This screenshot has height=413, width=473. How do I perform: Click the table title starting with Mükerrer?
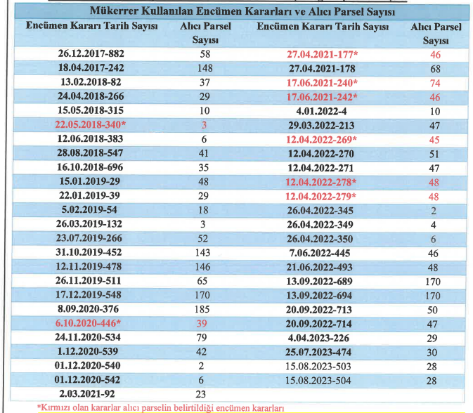[242, 11]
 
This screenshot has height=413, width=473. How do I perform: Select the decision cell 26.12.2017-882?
[91, 53]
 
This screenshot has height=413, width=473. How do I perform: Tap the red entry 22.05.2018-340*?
[91, 124]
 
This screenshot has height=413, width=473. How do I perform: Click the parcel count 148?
[205, 68]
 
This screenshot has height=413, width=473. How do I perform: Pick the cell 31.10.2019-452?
[89, 252]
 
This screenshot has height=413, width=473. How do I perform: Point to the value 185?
[202, 309]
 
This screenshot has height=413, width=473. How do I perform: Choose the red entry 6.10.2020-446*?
[88, 323]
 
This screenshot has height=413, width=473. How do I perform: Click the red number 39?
[202, 324]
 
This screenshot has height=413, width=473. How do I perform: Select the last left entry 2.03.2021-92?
[87, 394]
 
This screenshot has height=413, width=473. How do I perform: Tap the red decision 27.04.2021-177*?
[322, 55]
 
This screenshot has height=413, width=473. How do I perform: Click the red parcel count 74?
[435, 83]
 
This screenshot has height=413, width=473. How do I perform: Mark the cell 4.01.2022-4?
[321, 112]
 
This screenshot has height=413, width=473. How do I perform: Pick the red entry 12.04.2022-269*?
[321, 140]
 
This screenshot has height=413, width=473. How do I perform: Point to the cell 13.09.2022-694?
[319, 296]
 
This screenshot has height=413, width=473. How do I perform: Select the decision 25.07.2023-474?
[318, 352]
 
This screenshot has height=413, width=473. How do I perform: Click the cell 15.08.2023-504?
[318, 381]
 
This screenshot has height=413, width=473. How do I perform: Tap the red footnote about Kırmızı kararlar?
[160, 408]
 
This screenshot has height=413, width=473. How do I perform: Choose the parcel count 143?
[202, 253]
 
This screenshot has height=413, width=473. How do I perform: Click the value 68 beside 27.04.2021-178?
[435, 69]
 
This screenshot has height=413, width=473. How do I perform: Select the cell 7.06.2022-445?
[320, 254]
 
